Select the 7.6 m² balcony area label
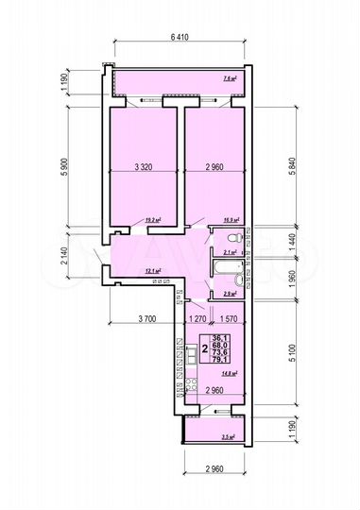tap(228, 79)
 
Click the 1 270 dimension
tap(197, 320)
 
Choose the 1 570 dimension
tap(227, 320)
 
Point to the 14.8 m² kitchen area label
tap(228, 373)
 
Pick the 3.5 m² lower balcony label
tap(228, 437)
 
